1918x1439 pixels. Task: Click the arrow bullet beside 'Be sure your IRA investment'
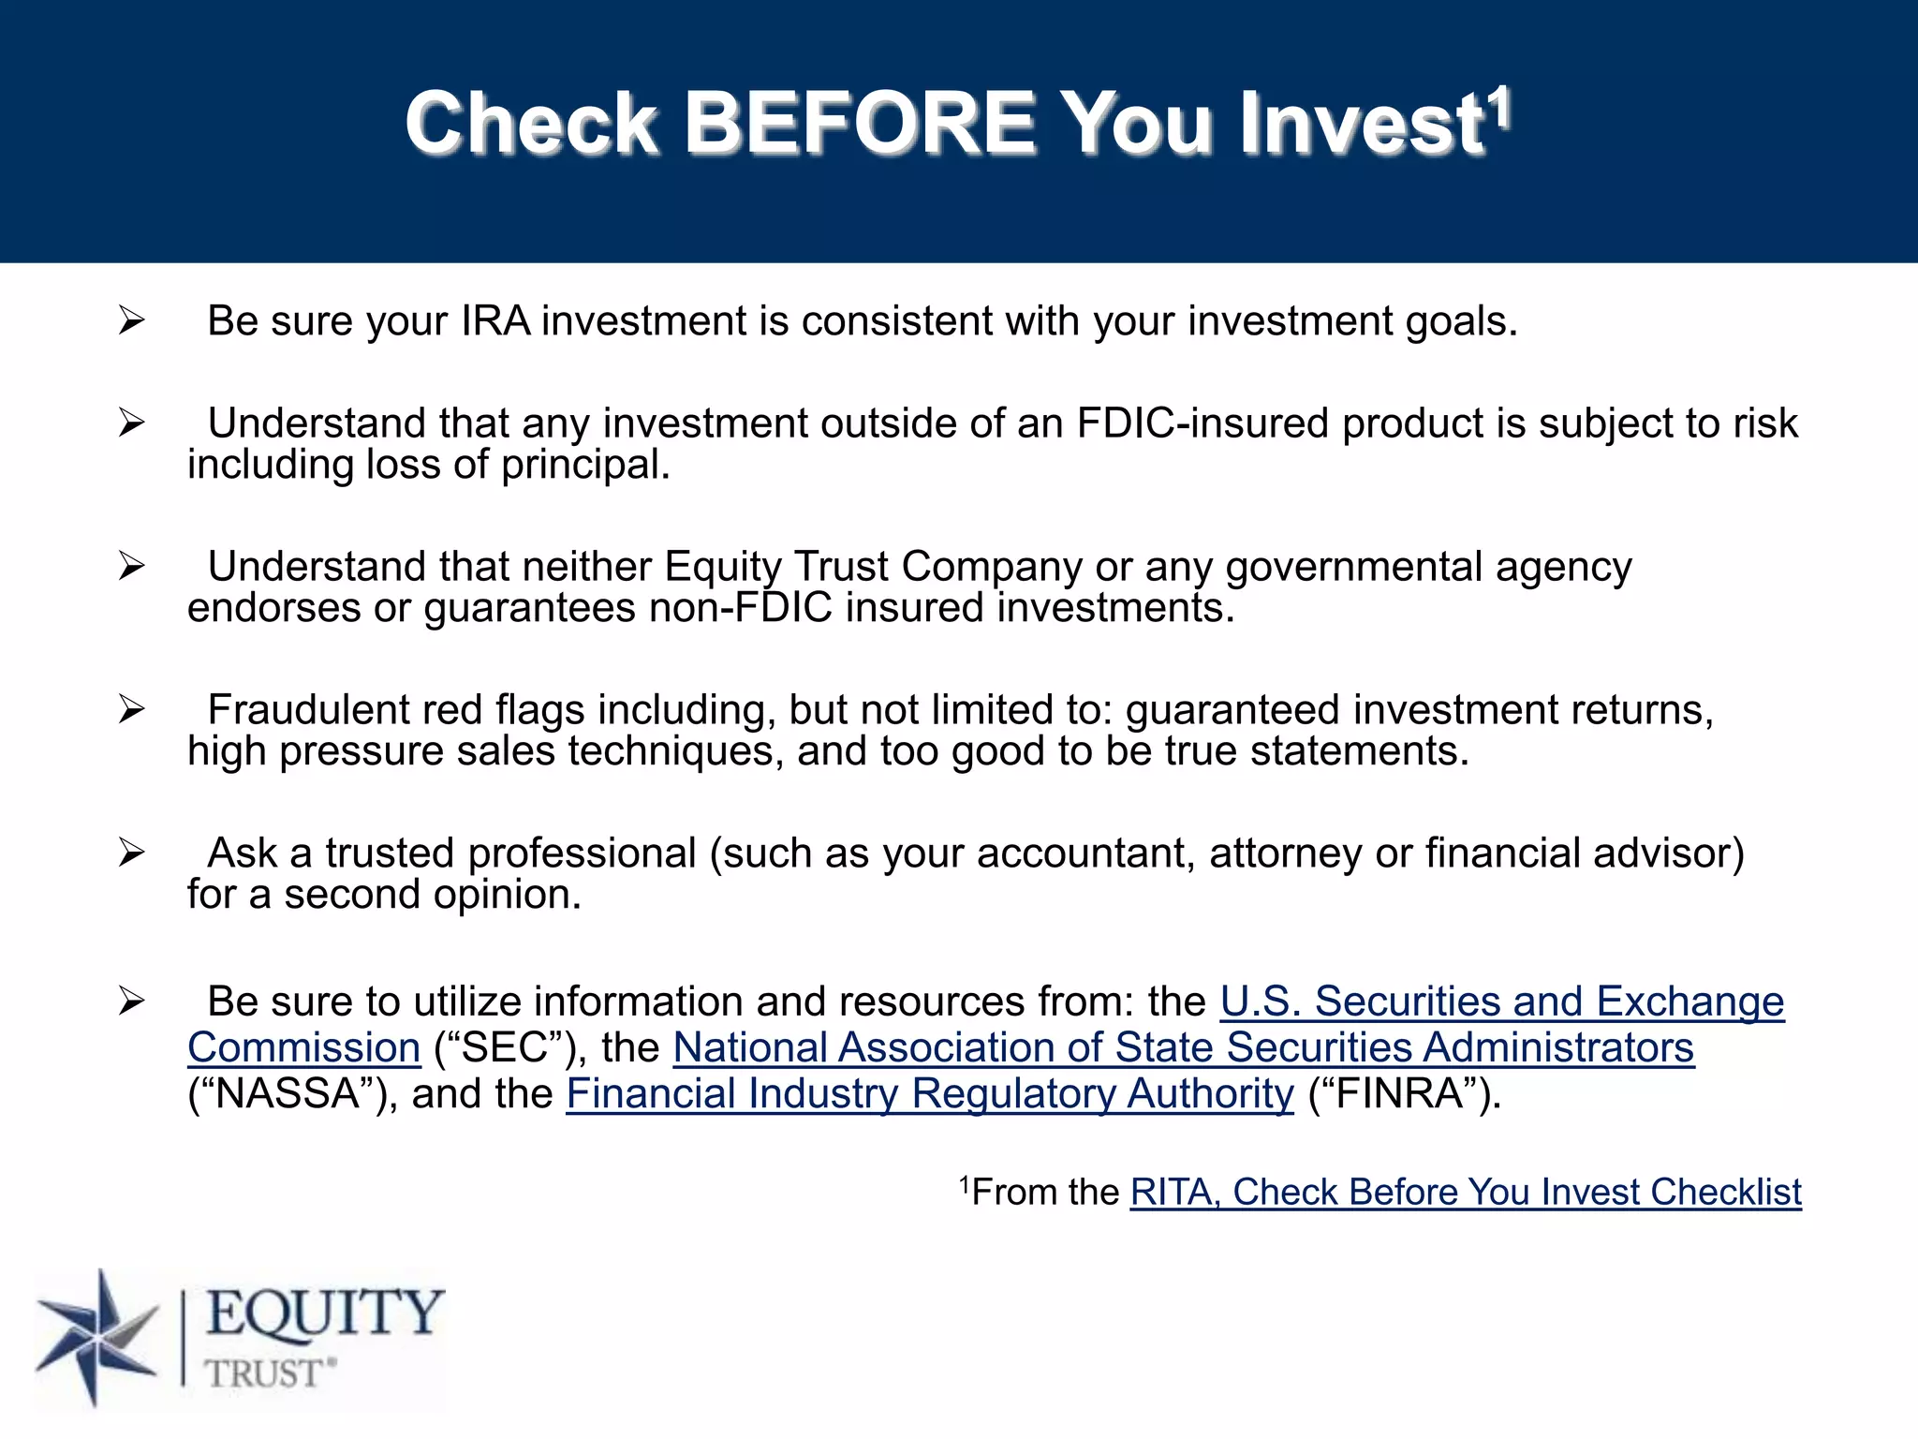coord(132,321)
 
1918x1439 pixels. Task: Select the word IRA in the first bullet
coord(495,321)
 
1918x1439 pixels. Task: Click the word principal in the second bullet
coord(585,465)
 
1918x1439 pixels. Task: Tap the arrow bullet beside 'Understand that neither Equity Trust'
coord(132,567)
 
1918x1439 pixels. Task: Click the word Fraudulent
coord(307,710)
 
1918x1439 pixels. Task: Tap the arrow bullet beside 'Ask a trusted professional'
coord(132,853)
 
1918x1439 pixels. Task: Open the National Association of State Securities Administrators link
coord(1183,1047)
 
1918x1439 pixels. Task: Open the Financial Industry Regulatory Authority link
coord(929,1093)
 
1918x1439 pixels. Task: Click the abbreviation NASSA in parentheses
coord(288,1093)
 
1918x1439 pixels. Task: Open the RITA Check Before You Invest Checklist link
coord(1465,1192)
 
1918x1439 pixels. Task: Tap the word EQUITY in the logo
coord(324,1313)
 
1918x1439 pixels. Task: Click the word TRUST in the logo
coord(264,1373)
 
